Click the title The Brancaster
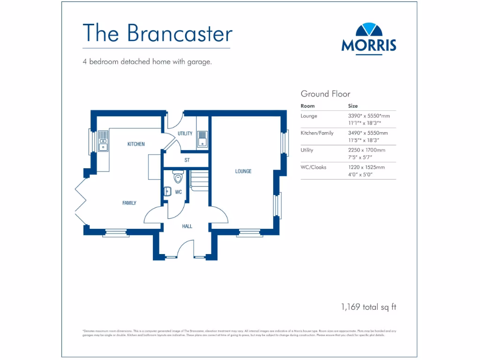point(157,33)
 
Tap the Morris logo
point(368,38)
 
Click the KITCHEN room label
point(136,144)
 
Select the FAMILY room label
point(129,203)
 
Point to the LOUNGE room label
point(243,172)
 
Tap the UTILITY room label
point(185,134)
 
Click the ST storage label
point(187,160)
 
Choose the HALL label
point(187,226)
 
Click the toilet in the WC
point(177,178)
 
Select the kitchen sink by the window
point(103,141)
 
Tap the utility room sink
point(202,139)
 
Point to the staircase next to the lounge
point(200,179)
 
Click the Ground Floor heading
point(325,94)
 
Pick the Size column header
point(352,106)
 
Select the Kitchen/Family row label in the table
point(317,133)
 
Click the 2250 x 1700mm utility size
point(367,150)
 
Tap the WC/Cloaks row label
point(313,167)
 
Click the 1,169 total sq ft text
point(368,307)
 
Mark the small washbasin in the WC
point(167,191)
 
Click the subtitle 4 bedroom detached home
point(147,61)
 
